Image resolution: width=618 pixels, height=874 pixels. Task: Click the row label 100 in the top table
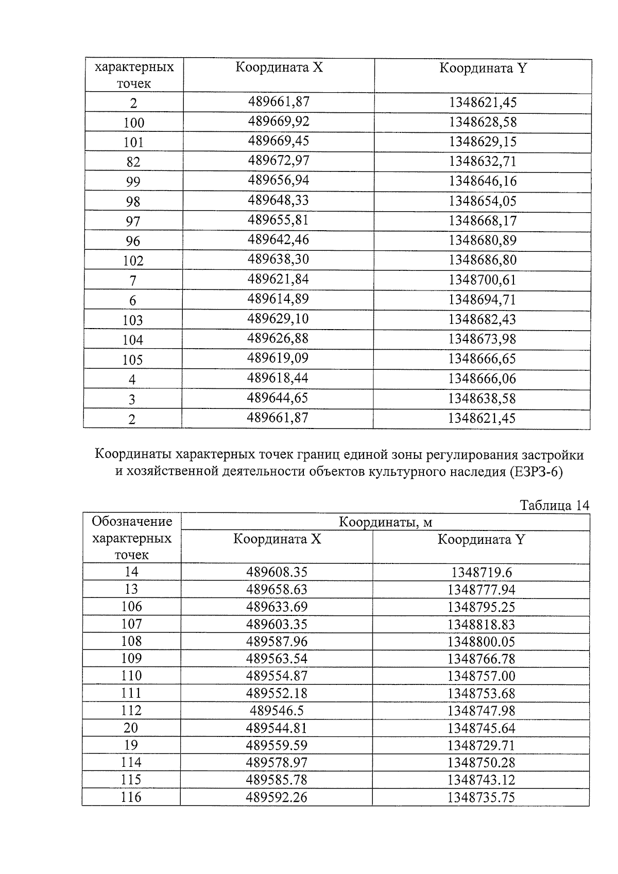[x=134, y=123]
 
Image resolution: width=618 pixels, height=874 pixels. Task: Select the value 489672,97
[x=279, y=161]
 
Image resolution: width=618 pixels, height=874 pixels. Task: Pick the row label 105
[x=133, y=359]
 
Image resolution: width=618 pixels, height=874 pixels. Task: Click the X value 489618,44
[x=278, y=378]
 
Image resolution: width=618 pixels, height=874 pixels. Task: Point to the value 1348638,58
[x=482, y=398]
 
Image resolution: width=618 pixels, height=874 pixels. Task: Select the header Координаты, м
[x=385, y=522]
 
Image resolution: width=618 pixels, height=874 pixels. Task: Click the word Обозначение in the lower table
[x=132, y=522]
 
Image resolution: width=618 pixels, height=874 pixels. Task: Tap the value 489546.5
[x=277, y=711]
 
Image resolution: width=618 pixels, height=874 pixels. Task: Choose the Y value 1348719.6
[x=482, y=572]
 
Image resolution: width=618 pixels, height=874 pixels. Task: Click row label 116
[x=131, y=797]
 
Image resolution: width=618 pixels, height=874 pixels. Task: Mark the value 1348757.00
[x=481, y=676]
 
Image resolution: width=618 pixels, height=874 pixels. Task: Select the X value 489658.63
[x=277, y=589]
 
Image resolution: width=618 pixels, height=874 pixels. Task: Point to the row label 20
[x=131, y=728]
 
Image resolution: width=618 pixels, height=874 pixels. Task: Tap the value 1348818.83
[x=481, y=624]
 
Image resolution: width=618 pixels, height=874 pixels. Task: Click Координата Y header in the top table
[x=483, y=68]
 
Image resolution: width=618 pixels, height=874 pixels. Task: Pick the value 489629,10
[x=278, y=319]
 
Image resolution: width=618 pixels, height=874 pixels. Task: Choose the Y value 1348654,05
[x=483, y=201]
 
